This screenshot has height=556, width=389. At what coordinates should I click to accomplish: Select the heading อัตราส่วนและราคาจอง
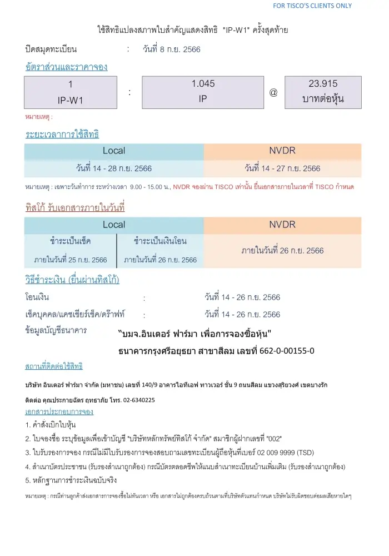66,67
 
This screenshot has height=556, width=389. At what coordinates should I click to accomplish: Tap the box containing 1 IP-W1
71,92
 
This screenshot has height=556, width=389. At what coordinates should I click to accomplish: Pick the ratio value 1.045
203,84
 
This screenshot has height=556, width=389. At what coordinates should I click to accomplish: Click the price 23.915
323,84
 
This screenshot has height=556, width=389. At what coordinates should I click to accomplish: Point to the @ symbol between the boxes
273,92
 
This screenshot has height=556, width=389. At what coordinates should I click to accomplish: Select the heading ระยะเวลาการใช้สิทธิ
62,135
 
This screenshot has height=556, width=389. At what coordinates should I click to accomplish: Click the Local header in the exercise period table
114,151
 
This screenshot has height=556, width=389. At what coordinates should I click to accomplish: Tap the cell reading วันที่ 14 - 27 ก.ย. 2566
282,168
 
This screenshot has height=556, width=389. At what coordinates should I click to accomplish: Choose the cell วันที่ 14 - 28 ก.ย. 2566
114,168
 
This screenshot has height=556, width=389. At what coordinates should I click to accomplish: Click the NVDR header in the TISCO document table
282,225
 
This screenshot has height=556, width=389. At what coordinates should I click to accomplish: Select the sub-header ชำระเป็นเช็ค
71,241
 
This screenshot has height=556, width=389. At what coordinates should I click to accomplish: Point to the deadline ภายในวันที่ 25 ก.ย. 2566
71,260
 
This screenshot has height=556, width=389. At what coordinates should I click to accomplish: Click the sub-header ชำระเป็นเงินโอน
160,241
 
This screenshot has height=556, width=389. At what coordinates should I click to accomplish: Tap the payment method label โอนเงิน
37,297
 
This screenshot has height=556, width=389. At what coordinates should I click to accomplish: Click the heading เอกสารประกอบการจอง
59,412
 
